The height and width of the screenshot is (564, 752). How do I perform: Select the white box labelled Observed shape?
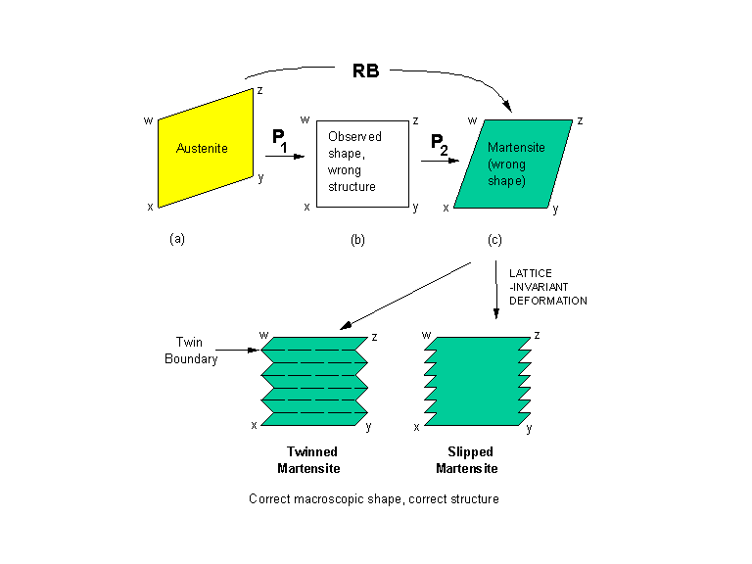pos(359,164)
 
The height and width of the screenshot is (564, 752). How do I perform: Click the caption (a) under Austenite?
pos(177,238)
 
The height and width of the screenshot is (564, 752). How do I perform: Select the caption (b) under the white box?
pos(357,238)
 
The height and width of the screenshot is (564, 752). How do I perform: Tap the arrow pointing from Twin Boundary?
pos(235,349)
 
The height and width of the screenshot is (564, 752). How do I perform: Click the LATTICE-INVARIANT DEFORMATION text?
pos(547,286)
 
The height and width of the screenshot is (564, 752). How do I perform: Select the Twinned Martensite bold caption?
pos(307,459)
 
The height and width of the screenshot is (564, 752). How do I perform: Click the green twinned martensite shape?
pos(312,382)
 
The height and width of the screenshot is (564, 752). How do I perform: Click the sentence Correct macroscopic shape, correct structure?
pos(374,499)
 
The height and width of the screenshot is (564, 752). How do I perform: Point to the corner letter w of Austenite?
pos(149,121)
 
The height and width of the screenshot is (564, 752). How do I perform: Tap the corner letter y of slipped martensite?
pos(530,428)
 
